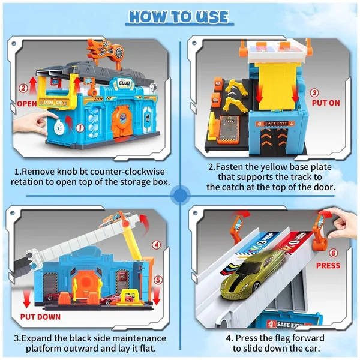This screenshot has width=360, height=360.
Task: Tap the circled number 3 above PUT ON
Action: coord(314,93)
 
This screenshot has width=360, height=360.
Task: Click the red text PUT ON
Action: coord(325,103)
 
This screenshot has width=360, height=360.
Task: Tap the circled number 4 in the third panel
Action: coord(156,244)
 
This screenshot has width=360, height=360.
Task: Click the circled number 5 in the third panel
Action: coord(157,278)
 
